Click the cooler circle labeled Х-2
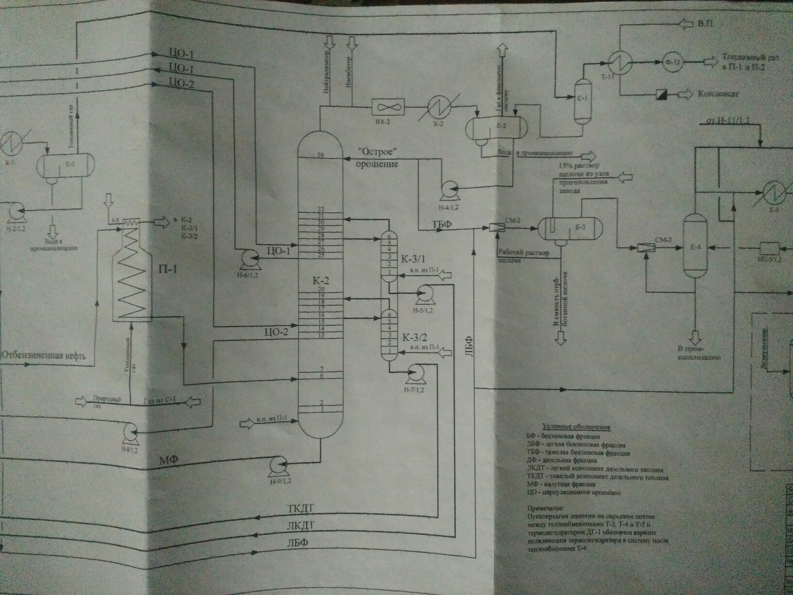coord(438,107)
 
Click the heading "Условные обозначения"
coord(576,427)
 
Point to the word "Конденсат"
coord(718,94)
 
